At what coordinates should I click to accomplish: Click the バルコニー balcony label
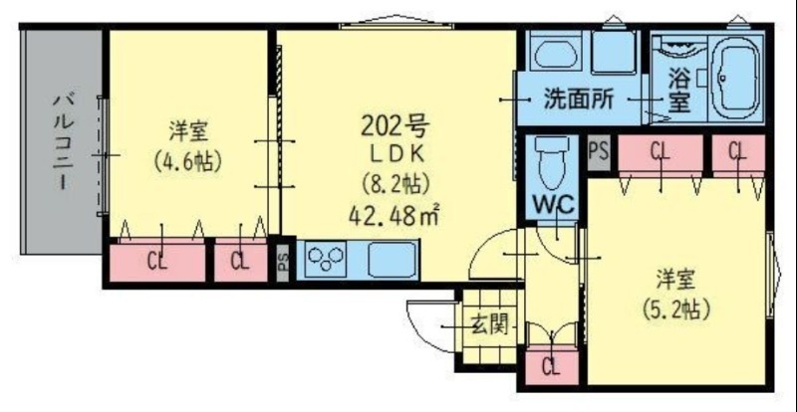(x=61, y=140)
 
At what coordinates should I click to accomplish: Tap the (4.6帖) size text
(x=186, y=159)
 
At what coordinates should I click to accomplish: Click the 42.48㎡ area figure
(x=396, y=213)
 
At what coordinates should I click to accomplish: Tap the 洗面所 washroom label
(x=578, y=100)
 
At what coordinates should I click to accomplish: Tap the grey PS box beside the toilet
(x=598, y=151)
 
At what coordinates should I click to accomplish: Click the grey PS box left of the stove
(x=282, y=261)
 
